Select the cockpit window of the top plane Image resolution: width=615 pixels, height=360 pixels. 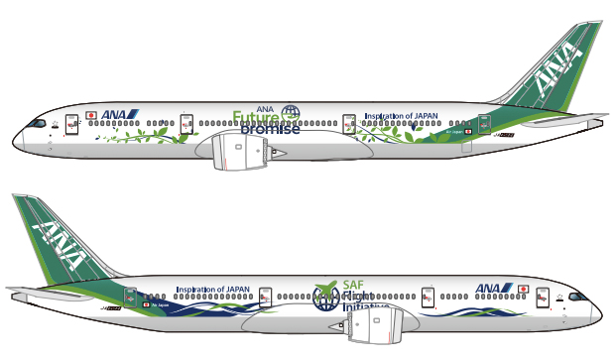pyautogui.click(x=38, y=124)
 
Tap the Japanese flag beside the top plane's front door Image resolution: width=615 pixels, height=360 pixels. pyautogui.click(x=91, y=115)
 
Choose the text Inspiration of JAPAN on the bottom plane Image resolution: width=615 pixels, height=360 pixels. pyautogui.click(x=213, y=290)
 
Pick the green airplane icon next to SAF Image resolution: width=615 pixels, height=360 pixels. pyautogui.click(x=325, y=289)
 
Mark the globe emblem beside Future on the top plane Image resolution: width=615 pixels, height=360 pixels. pyautogui.click(x=291, y=113)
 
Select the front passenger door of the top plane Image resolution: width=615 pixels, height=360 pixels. pyautogui.click(x=71, y=124)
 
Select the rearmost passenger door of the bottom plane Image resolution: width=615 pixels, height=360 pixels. pyautogui.click(x=129, y=299)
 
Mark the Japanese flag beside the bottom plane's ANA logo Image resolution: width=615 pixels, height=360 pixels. pyautogui.click(x=523, y=289)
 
